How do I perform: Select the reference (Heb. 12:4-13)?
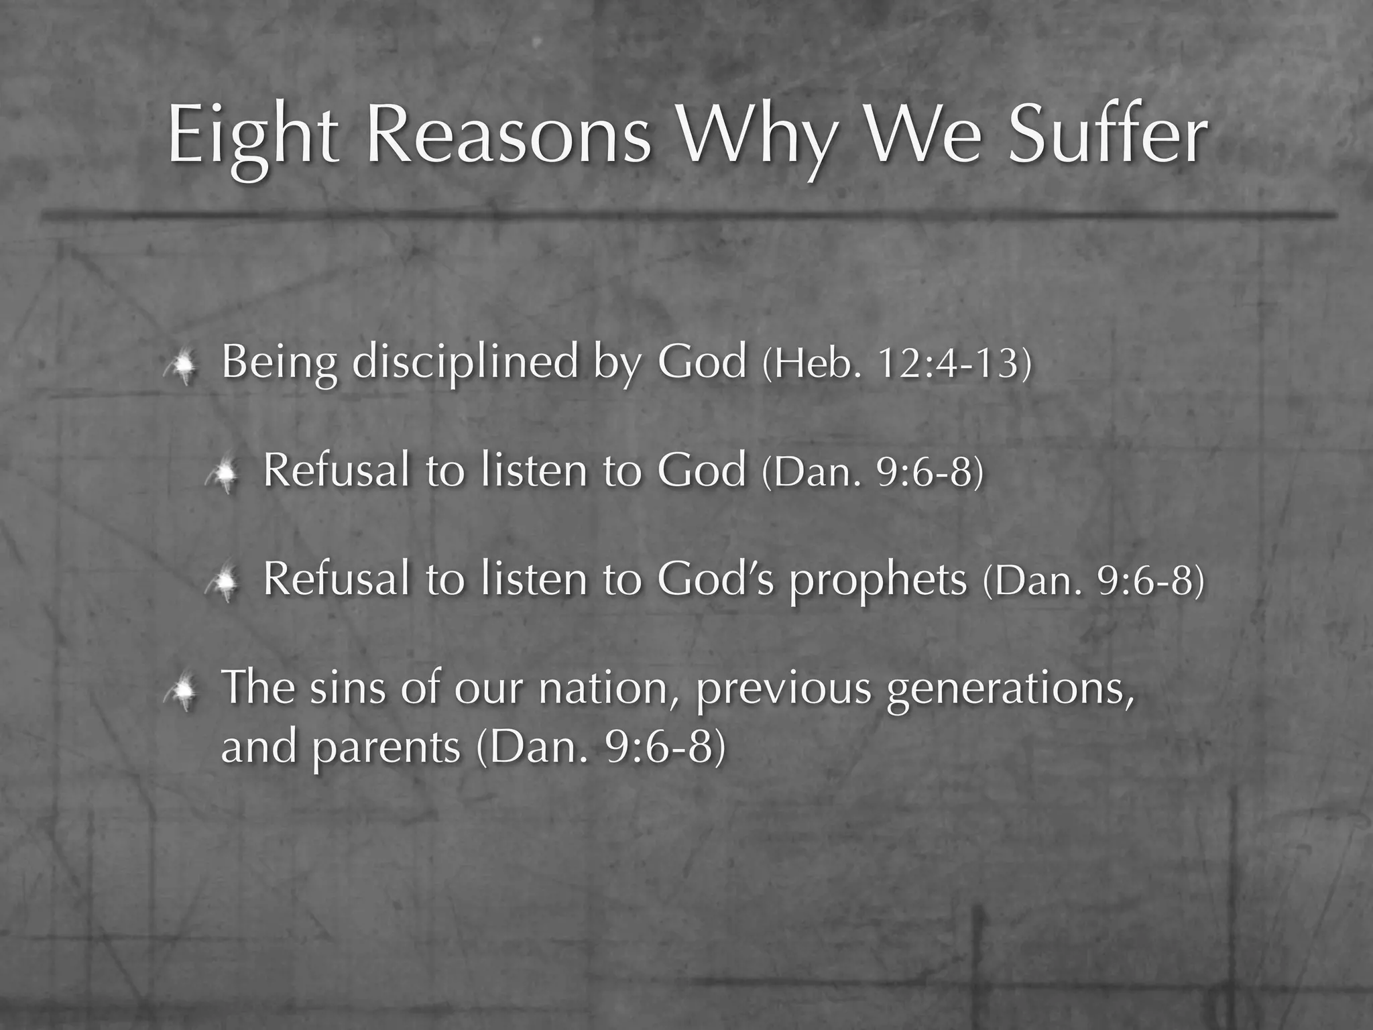tap(897, 365)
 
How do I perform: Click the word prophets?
tap(878, 580)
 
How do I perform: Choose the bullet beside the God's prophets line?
tap(224, 583)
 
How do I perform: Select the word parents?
tap(386, 747)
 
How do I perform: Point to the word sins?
tap(347, 689)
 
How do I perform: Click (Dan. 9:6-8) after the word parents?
tap(601, 747)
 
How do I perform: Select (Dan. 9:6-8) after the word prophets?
tap(1093, 581)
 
